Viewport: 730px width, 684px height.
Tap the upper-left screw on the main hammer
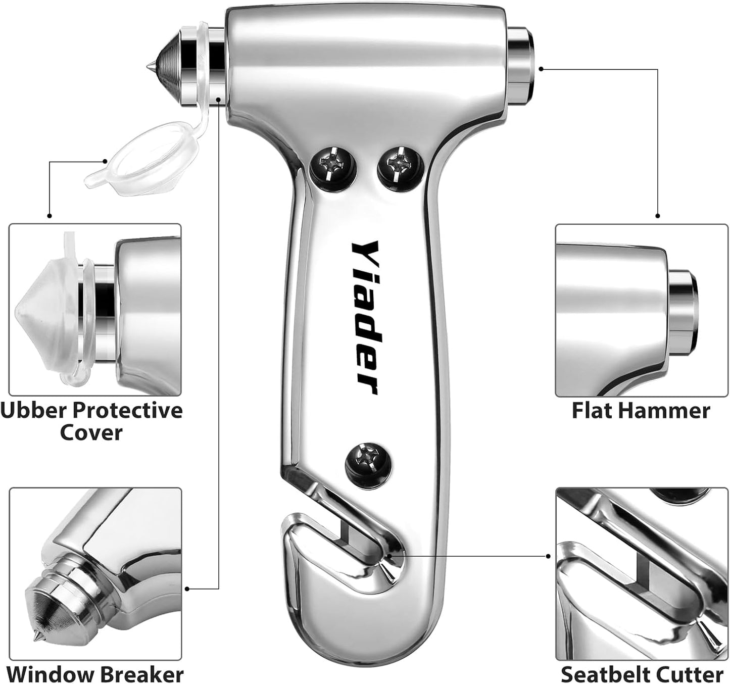[333, 168]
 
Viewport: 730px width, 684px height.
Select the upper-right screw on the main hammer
[400, 168]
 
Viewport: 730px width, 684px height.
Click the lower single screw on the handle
[368, 466]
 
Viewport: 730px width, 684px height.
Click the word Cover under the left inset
[91, 433]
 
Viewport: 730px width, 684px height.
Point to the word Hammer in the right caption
[663, 410]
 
